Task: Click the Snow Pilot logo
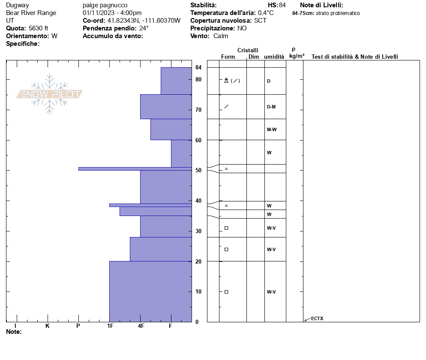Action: click(x=50, y=94)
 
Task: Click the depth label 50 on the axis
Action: click(x=198, y=171)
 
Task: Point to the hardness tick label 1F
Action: click(x=110, y=326)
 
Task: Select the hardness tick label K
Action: click(x=48, y=326)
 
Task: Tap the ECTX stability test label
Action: click(x=317, y=318)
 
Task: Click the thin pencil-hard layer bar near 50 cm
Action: click(x=135, y=169)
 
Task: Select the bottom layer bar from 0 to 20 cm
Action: click(x=150, y=291)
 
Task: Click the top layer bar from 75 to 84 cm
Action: click(x=176, y=81)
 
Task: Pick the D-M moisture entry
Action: click(x=271, y=107)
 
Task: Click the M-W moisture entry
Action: click(x=272, y=129)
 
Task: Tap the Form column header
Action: click(x=228, y=57)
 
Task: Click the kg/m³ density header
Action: click(x=297, y=56)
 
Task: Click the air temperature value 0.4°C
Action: click(x=266, y=13)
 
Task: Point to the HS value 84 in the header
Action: click(x=282, y=5)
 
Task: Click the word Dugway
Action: click(x=18, y=5)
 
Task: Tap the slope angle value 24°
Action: click(x=144, y=28)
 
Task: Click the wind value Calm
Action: click(x=221, y=36)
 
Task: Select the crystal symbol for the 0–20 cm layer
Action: click(x=226, y=292)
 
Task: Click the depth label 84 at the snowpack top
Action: click(x=198, y=68)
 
